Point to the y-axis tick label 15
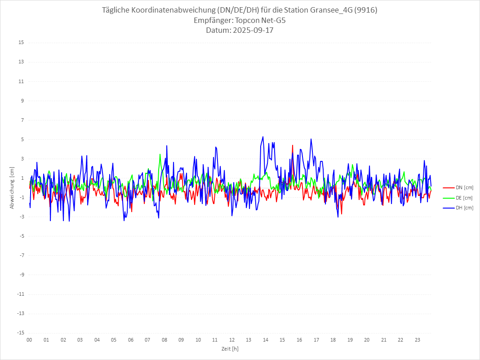point(21,43)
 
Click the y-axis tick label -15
point(20,333)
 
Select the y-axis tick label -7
point(21,255)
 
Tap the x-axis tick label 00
point(29,340)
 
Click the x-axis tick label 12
point(232,340)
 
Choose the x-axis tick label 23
point(418,340)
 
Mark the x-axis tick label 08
point(164,340)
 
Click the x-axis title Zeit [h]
point(230,349)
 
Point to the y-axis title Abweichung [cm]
point(12,188)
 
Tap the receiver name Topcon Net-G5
point(260,20)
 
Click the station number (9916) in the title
point(364,10)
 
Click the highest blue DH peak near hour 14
point(263,137)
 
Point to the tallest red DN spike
point(293,145)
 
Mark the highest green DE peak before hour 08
point(160,154)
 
